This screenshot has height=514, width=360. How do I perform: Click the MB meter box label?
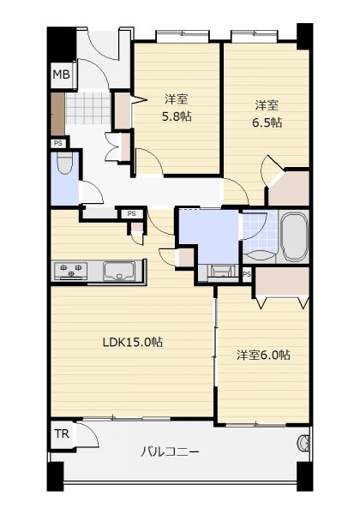[x=62, y=75]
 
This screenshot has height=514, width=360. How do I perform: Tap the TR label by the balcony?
[x=62, y=433]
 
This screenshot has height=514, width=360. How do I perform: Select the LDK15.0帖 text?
[x=133, y=342]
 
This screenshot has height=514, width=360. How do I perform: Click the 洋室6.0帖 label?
[x=263, y=355]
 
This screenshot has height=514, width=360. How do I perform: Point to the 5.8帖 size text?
[x=177, y=117]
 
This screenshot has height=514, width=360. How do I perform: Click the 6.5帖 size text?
[x=267, y=123]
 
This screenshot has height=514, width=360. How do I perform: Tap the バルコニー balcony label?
[x=170, y=452]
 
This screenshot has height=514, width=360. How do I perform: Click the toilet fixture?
[x=64, y=163]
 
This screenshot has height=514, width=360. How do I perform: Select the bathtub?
[x=294, y=237]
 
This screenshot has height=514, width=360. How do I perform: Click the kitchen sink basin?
[x=119, y=271]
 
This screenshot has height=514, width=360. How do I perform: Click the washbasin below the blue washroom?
[x=219, y=272]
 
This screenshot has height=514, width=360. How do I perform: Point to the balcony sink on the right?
[x=303, y=443]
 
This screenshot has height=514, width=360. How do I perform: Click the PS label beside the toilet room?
[x=58, y=143]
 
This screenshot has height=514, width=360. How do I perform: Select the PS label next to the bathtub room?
[x=247, y=274]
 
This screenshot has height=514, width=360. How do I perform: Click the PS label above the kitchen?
[x=131, y=213]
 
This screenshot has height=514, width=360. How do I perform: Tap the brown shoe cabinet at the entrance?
[x=57, y=114]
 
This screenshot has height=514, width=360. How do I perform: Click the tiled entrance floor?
[x=88, y=109]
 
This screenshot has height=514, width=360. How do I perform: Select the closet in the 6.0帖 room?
[x=282, y=282]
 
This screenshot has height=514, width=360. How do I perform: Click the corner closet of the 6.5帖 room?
[x=291, y=188]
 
